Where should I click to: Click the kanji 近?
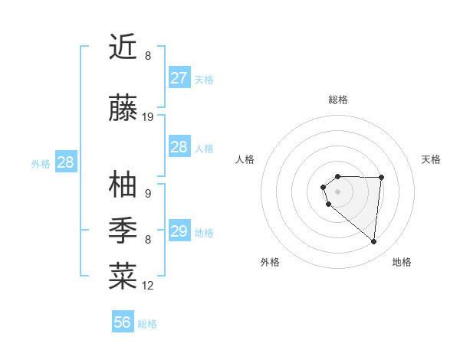(123, 47)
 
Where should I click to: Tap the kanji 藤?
(123, 109)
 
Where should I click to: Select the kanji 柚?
(123, 185)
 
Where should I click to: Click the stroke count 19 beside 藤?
(148, 117)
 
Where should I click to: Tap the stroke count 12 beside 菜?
(148, 286)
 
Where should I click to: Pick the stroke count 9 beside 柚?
(147, 194)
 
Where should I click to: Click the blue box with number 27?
(179, 78)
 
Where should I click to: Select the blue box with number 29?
(179, 231)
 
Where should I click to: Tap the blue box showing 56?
(123, 322)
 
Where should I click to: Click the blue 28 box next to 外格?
(65, 162)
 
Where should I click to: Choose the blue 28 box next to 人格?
(179, 147)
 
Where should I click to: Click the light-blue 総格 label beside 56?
(147, 324)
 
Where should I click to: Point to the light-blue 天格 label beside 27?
(204, 79)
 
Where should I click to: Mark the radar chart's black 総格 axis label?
(338, 100)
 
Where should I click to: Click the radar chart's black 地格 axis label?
(402, 262)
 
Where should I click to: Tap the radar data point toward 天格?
(382, 178)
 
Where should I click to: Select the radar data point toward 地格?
(374, 242)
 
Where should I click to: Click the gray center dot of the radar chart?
(338, 191)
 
